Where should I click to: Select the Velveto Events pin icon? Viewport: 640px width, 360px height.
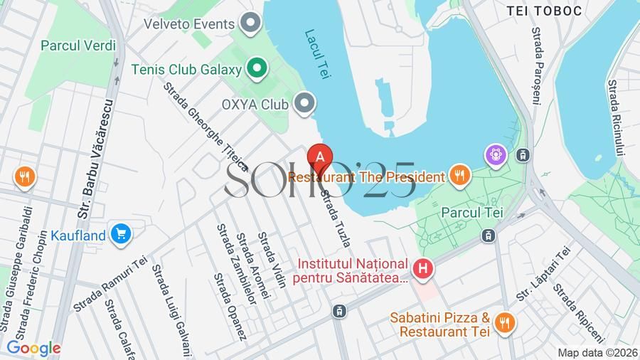(250, 23)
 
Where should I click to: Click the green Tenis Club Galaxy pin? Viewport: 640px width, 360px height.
(257, 69)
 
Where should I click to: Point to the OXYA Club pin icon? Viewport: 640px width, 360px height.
(305, 104)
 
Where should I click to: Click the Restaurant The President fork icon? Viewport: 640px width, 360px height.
(460, 176)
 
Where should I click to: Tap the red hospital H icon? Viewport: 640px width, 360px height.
(424, 268)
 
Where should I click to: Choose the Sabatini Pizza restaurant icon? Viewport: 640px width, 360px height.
(505, 323)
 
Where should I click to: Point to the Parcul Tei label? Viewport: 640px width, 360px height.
(472, 212)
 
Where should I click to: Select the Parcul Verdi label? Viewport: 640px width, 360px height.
(78, 46)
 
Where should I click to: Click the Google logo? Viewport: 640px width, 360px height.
(33, 348)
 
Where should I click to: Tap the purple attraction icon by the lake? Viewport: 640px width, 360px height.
(495, 153)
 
